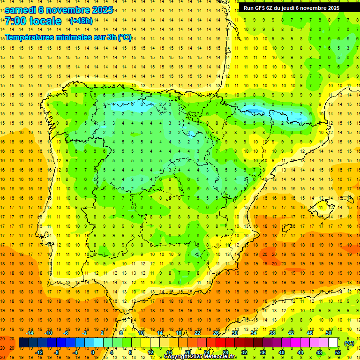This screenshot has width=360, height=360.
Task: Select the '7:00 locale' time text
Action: click(x=33, y=21)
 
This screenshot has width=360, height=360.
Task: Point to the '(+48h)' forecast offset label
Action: click(x=81, y=21)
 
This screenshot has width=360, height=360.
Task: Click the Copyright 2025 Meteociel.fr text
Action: click(x=200, y=357)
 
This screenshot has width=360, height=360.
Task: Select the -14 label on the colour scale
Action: click(x=30, y=333)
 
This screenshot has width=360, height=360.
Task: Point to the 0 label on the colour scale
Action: click(x=92, y=352)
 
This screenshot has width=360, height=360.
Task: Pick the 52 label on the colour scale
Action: click(x=337, y=352)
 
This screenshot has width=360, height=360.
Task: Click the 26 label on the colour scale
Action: click(x=216, y=333)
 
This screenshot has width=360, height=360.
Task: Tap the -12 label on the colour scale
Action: click(x=39, y=352)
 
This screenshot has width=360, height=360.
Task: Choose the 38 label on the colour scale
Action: click(x=272, y=333)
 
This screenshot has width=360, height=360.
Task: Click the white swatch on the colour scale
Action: click(x=333, y=343)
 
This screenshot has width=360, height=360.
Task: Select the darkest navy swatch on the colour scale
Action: click(x=23, y=343)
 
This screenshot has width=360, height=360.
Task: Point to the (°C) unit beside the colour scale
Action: click(x=349, y=343)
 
